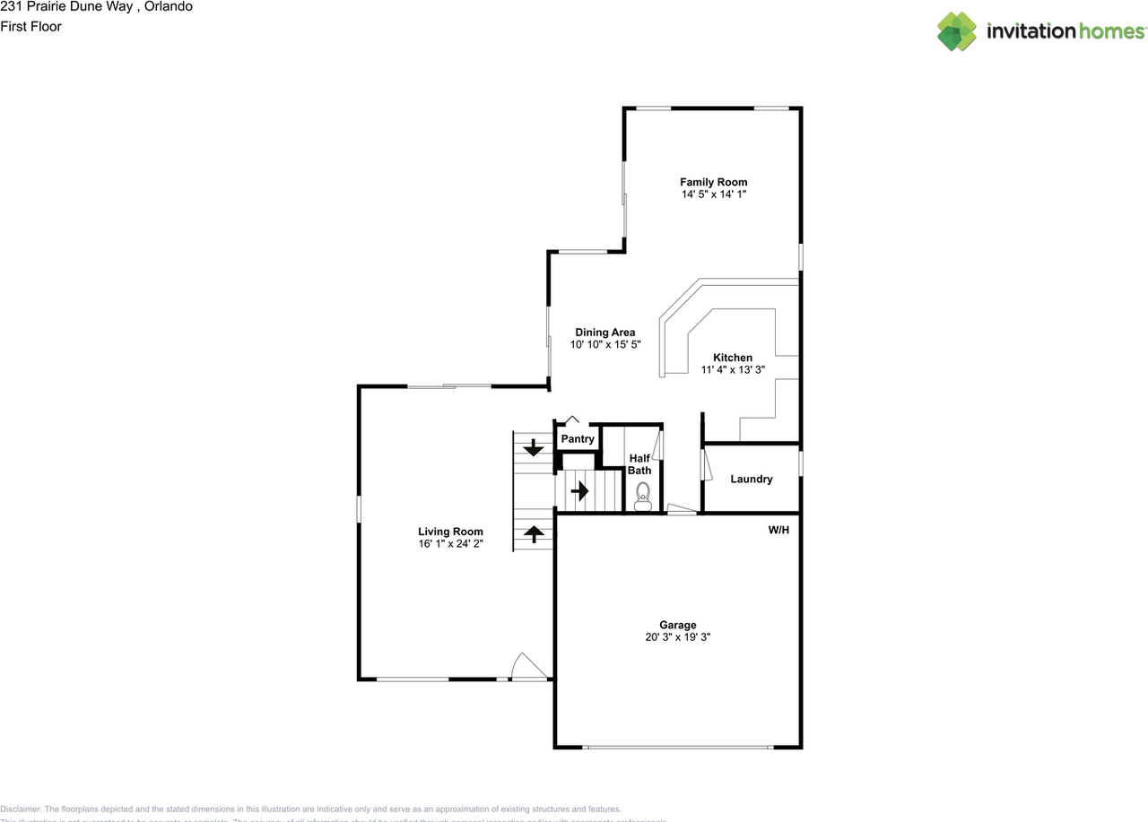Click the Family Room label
[713, 182]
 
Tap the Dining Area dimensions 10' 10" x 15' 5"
[604, 344]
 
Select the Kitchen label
[733, 358]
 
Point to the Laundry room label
[751, 479]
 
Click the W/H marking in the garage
[778, 530]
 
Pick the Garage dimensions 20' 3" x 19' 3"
[677, 637]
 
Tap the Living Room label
[450, 532]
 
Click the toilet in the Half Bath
[642, 496]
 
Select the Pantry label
[578, 439]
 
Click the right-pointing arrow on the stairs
[579, 491]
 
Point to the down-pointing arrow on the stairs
[534, 447]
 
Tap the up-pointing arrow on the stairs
[534, 534]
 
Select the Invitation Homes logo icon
[957, 31]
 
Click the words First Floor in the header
[30, 27]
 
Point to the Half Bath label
[639, 464]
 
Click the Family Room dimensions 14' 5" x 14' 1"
[713, 195]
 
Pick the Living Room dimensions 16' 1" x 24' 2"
[450, 544]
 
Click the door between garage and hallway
[682, 510]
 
